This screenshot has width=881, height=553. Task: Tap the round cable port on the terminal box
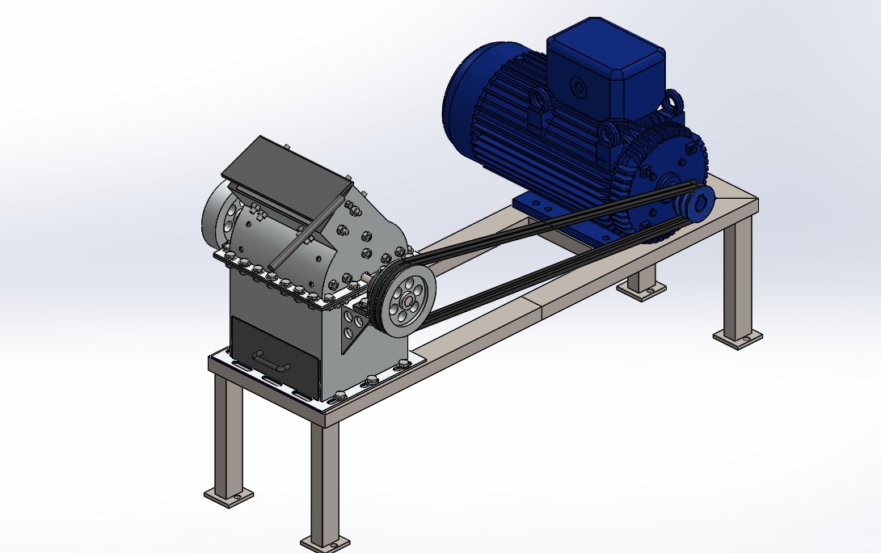pos(578,86)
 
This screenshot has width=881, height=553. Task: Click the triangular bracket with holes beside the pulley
pos(354,323)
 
